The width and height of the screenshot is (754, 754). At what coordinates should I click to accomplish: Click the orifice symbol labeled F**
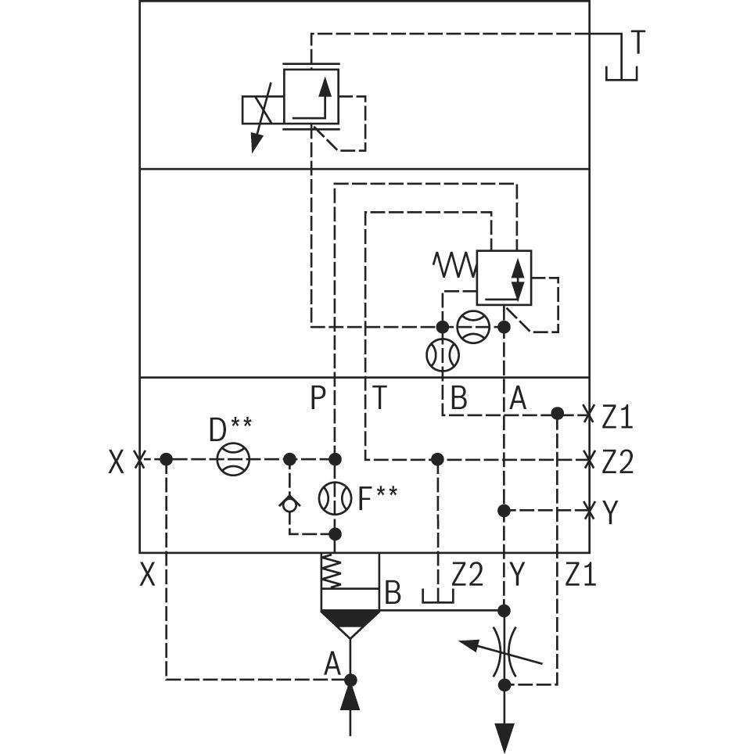(335, 498)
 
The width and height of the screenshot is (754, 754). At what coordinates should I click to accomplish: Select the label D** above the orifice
(230, 429)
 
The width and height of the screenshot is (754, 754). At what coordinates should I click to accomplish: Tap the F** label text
(378, 498)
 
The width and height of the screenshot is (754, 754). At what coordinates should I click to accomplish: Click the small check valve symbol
(289, 504)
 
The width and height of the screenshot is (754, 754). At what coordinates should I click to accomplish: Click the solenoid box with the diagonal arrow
(262, 110)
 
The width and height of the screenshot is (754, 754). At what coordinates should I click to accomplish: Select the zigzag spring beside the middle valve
(455, 265)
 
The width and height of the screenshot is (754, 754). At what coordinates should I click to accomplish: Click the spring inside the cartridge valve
(332, 571)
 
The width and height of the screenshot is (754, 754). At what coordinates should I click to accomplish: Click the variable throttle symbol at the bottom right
(504, 648)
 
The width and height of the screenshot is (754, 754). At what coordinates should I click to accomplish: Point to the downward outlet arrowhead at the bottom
(504, 736)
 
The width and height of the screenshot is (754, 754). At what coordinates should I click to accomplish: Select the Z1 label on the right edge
(617, 418)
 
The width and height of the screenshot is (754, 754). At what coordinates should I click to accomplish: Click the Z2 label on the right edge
(617, 463)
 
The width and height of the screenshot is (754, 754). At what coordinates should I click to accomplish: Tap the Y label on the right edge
(610, 513)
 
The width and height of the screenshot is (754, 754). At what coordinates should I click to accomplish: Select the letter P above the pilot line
(318, 399)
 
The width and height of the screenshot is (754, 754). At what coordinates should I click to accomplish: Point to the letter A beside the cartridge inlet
(333, 664)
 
